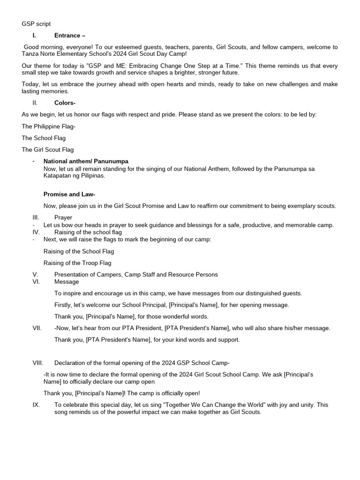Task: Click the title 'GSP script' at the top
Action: [x=36, y=23]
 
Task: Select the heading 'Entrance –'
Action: [x=70, y=35]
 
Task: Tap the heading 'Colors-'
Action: [x=65, y=103]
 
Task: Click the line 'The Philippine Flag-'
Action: [x=48, y=126]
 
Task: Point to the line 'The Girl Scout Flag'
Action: [x=48, y=150]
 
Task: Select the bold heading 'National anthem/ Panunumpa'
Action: [x=86, y=161]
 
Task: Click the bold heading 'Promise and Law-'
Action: [x=69, y=194]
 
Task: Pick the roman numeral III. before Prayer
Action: [x=36, y=217]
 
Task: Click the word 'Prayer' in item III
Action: [x=63, y=217]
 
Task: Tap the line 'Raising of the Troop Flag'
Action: [x=77, y=263]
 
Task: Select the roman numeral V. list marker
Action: [x=35, y=274]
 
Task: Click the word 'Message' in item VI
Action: [x=67, y=282]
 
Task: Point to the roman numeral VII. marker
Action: [x=37, y=328]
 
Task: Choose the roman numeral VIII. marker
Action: [x=38, y=363]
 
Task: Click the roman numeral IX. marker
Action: [x=36, y=405]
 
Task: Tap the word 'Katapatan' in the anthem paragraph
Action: [x=58, y=176]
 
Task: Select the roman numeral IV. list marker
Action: [x=36, y=232]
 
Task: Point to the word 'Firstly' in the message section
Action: [x=64, y=305]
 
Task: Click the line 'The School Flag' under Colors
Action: [x=44, y=138]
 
